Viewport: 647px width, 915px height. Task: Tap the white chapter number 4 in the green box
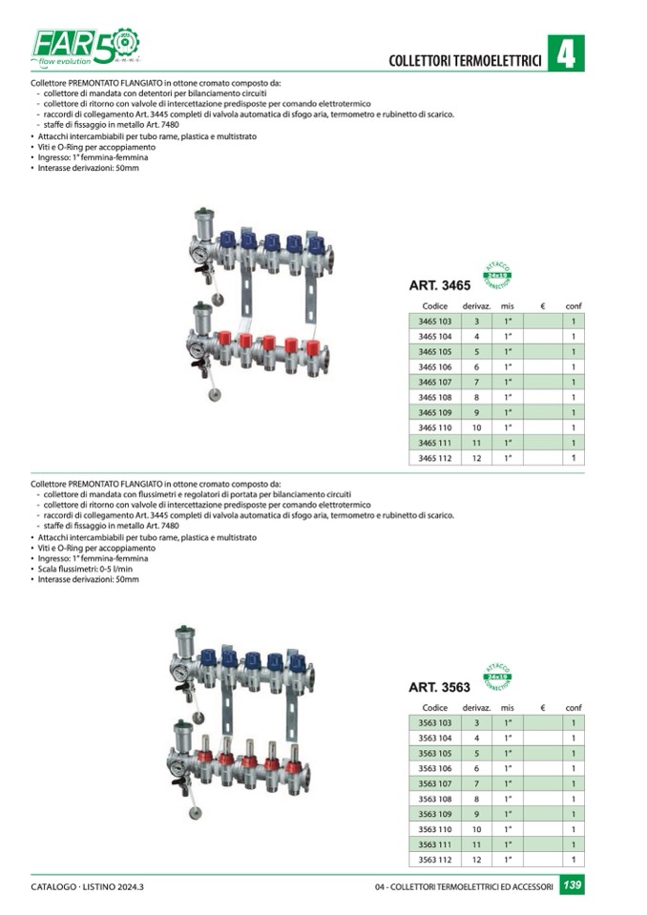[x=567, y=53]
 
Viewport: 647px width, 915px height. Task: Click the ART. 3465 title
[x=440, y=285]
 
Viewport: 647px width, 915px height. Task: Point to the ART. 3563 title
[x=440, y=687]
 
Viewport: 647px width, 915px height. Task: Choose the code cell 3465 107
[x=434, y=382]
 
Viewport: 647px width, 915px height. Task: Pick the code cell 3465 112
[x=434, y=458]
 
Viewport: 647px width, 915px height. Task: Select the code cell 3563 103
[x=434, y=723]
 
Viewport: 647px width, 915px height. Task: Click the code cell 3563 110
[x=434, y=829]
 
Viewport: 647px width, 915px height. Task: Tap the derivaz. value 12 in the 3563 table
[x=476, y=860]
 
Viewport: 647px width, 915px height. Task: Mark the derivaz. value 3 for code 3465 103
[x=476, y=322]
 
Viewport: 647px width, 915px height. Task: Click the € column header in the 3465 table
[x=541, y=305]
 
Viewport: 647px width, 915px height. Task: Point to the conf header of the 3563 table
[x=573, y=708]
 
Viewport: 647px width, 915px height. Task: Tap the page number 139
[x=572, y=886]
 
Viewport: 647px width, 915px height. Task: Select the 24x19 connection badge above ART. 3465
[x=497, y=274]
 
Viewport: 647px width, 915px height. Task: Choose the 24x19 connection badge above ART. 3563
[x=497, y=676]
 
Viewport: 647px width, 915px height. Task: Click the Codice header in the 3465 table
[x=434, y=305]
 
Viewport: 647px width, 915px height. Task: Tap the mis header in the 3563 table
[x=507, y=708]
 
